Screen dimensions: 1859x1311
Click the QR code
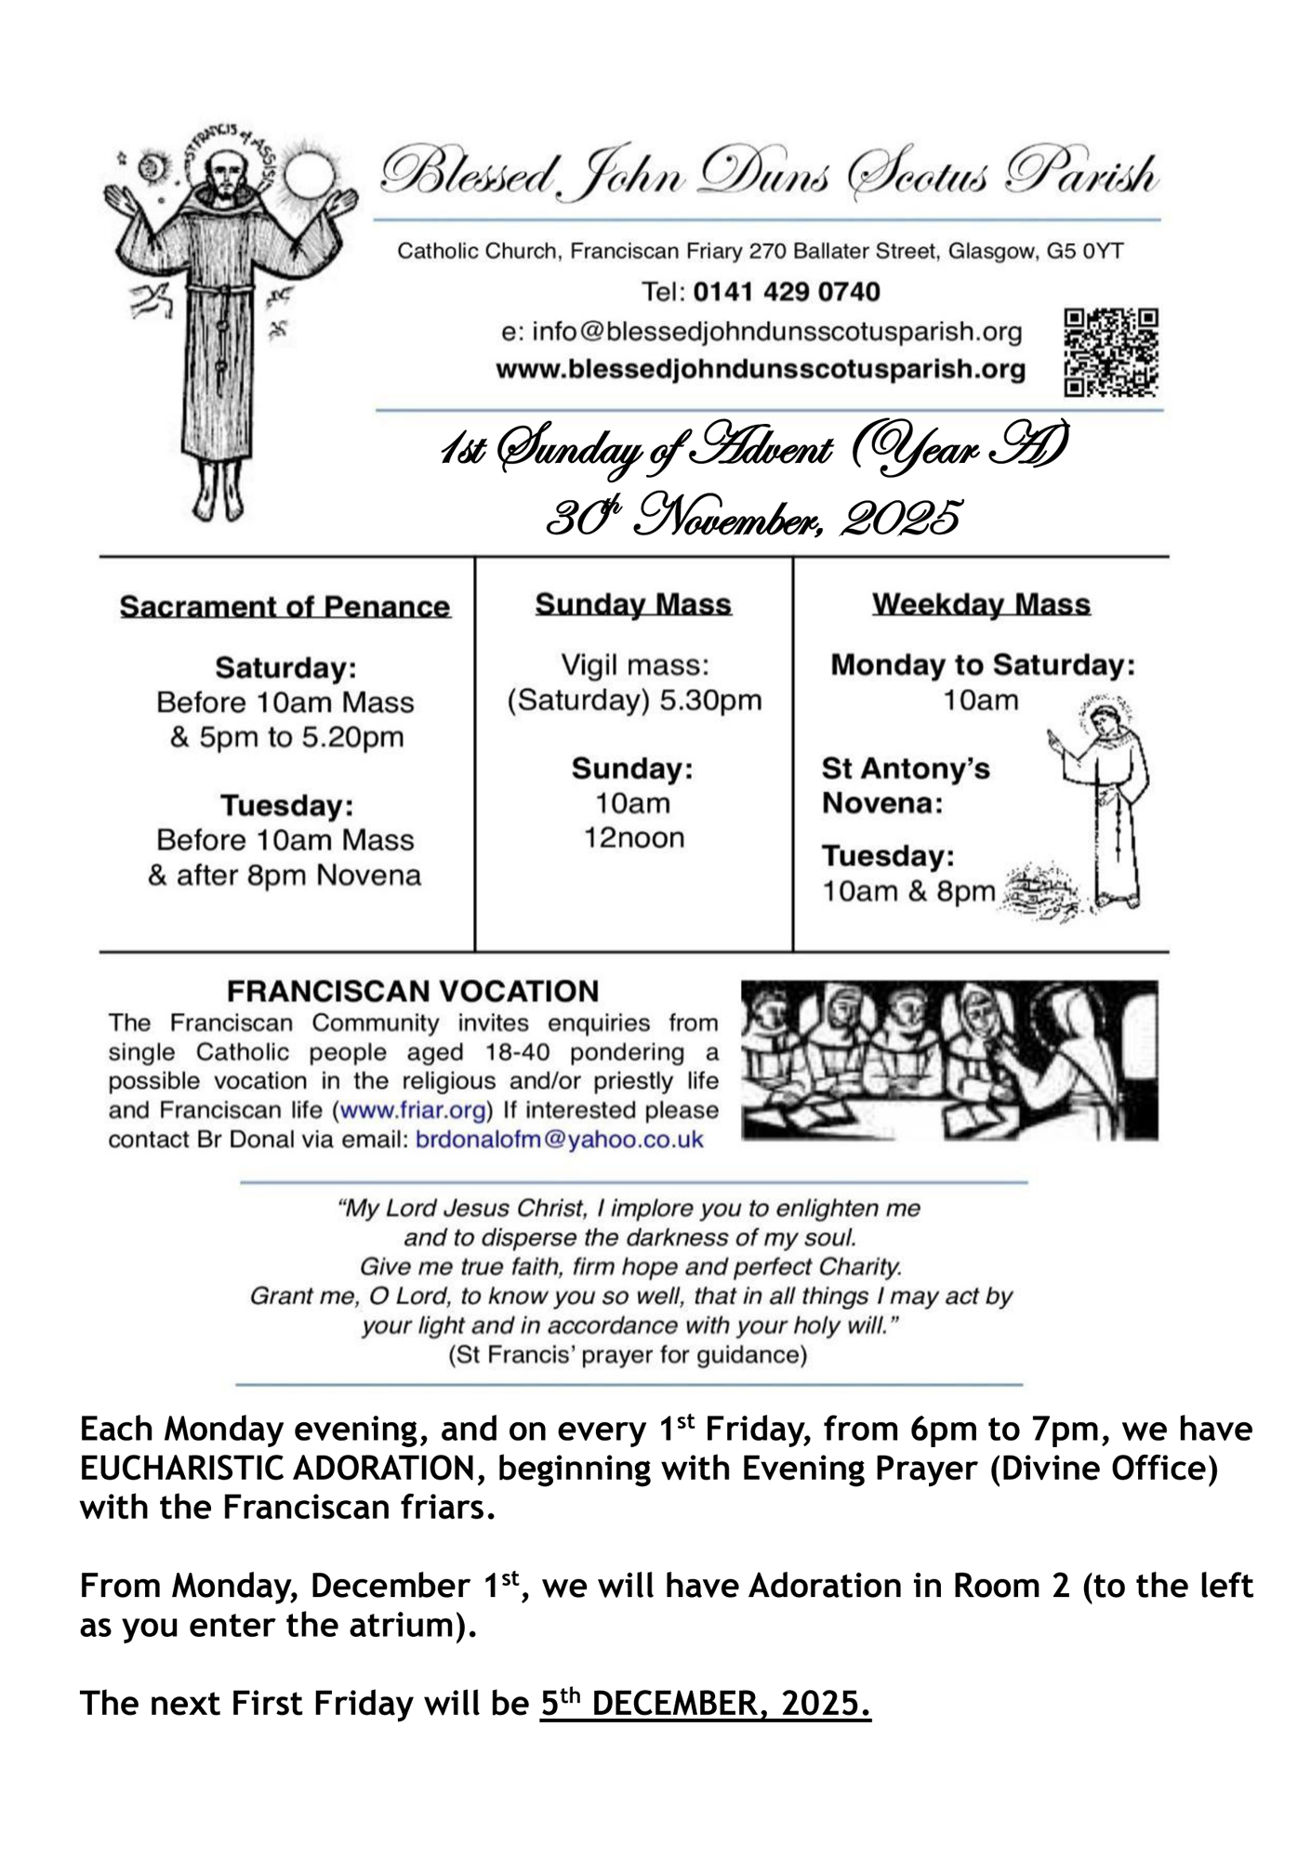(1111, 353)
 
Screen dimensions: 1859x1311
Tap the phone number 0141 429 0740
(787, 292)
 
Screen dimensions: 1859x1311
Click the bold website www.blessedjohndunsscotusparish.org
(761, 369)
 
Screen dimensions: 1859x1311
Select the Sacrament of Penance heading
(285, 607)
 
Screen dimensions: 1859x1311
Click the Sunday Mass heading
(633, 604)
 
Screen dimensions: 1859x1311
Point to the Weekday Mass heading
(981, 604)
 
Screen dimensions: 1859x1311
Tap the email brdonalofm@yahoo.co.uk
(559, 1140)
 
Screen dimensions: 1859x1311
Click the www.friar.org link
(414, 1110)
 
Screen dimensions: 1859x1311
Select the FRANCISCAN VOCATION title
(414, 991)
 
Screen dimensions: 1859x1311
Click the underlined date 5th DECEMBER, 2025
(705, 1703)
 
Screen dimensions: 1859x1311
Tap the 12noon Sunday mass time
(634, 837)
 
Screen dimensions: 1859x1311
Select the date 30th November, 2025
(753, 518)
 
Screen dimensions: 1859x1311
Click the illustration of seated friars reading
(948, 1060)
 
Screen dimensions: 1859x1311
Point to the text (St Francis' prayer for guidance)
(628, 1354)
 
